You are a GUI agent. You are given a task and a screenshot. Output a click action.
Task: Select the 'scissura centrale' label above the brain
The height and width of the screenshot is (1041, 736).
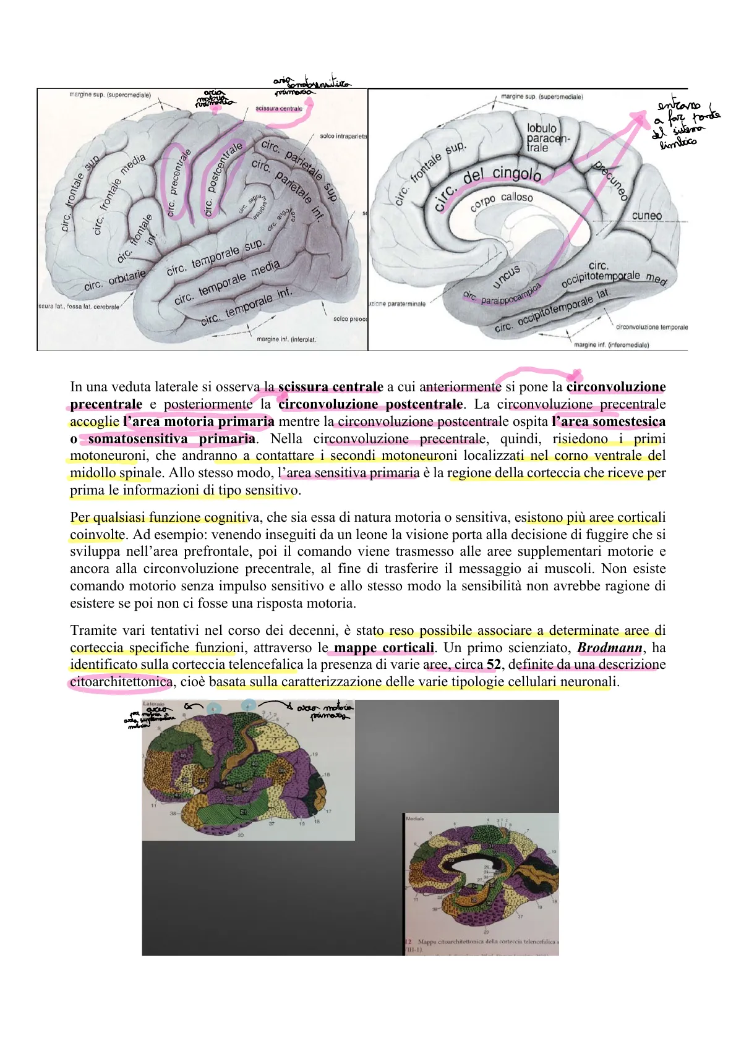(279, 109)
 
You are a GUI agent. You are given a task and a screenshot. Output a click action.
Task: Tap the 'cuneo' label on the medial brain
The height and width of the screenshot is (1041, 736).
(646, 216)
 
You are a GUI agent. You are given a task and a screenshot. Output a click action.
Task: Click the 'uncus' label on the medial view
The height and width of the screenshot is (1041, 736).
(507, 276)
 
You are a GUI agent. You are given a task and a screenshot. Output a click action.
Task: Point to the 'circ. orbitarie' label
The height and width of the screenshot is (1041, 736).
(116, 281)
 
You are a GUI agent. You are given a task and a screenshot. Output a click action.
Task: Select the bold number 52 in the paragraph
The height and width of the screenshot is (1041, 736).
(494, 665)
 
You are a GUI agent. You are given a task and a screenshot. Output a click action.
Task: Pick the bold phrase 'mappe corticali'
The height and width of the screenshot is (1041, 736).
(383, 648)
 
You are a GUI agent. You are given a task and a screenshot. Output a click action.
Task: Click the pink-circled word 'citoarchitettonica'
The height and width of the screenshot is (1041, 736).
(121, 682)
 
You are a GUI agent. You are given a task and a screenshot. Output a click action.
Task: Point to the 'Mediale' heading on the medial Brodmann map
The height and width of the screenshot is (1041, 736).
(415, 818)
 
